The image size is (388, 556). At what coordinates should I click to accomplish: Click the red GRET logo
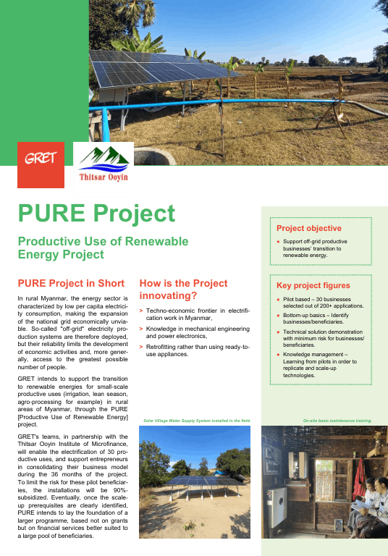(41, 165)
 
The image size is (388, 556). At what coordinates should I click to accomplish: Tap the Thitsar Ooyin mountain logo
(104, 164)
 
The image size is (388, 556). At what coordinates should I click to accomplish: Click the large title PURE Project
(96, 214)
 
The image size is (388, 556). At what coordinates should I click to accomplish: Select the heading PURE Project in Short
(71, 283)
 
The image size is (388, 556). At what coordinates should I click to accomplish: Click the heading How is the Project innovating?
(183, 290)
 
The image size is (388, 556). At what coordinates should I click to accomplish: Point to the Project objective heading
(309, 228)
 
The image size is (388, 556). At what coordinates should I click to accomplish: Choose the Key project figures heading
(313, 285)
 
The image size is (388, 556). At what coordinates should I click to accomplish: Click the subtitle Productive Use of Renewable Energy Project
(104, 248)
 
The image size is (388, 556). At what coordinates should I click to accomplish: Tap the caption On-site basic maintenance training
(337, 421)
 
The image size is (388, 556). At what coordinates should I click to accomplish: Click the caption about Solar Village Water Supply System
(197, 421)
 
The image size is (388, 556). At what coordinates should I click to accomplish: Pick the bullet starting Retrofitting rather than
(195, 350)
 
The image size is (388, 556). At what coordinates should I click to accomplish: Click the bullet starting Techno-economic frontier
(195, 314)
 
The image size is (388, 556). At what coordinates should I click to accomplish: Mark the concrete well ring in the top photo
(155, 156)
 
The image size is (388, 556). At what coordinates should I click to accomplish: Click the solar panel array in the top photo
(165, 69)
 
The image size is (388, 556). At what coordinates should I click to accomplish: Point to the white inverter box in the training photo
(277, 507)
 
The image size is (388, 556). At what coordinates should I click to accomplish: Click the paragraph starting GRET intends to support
(72, 401)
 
